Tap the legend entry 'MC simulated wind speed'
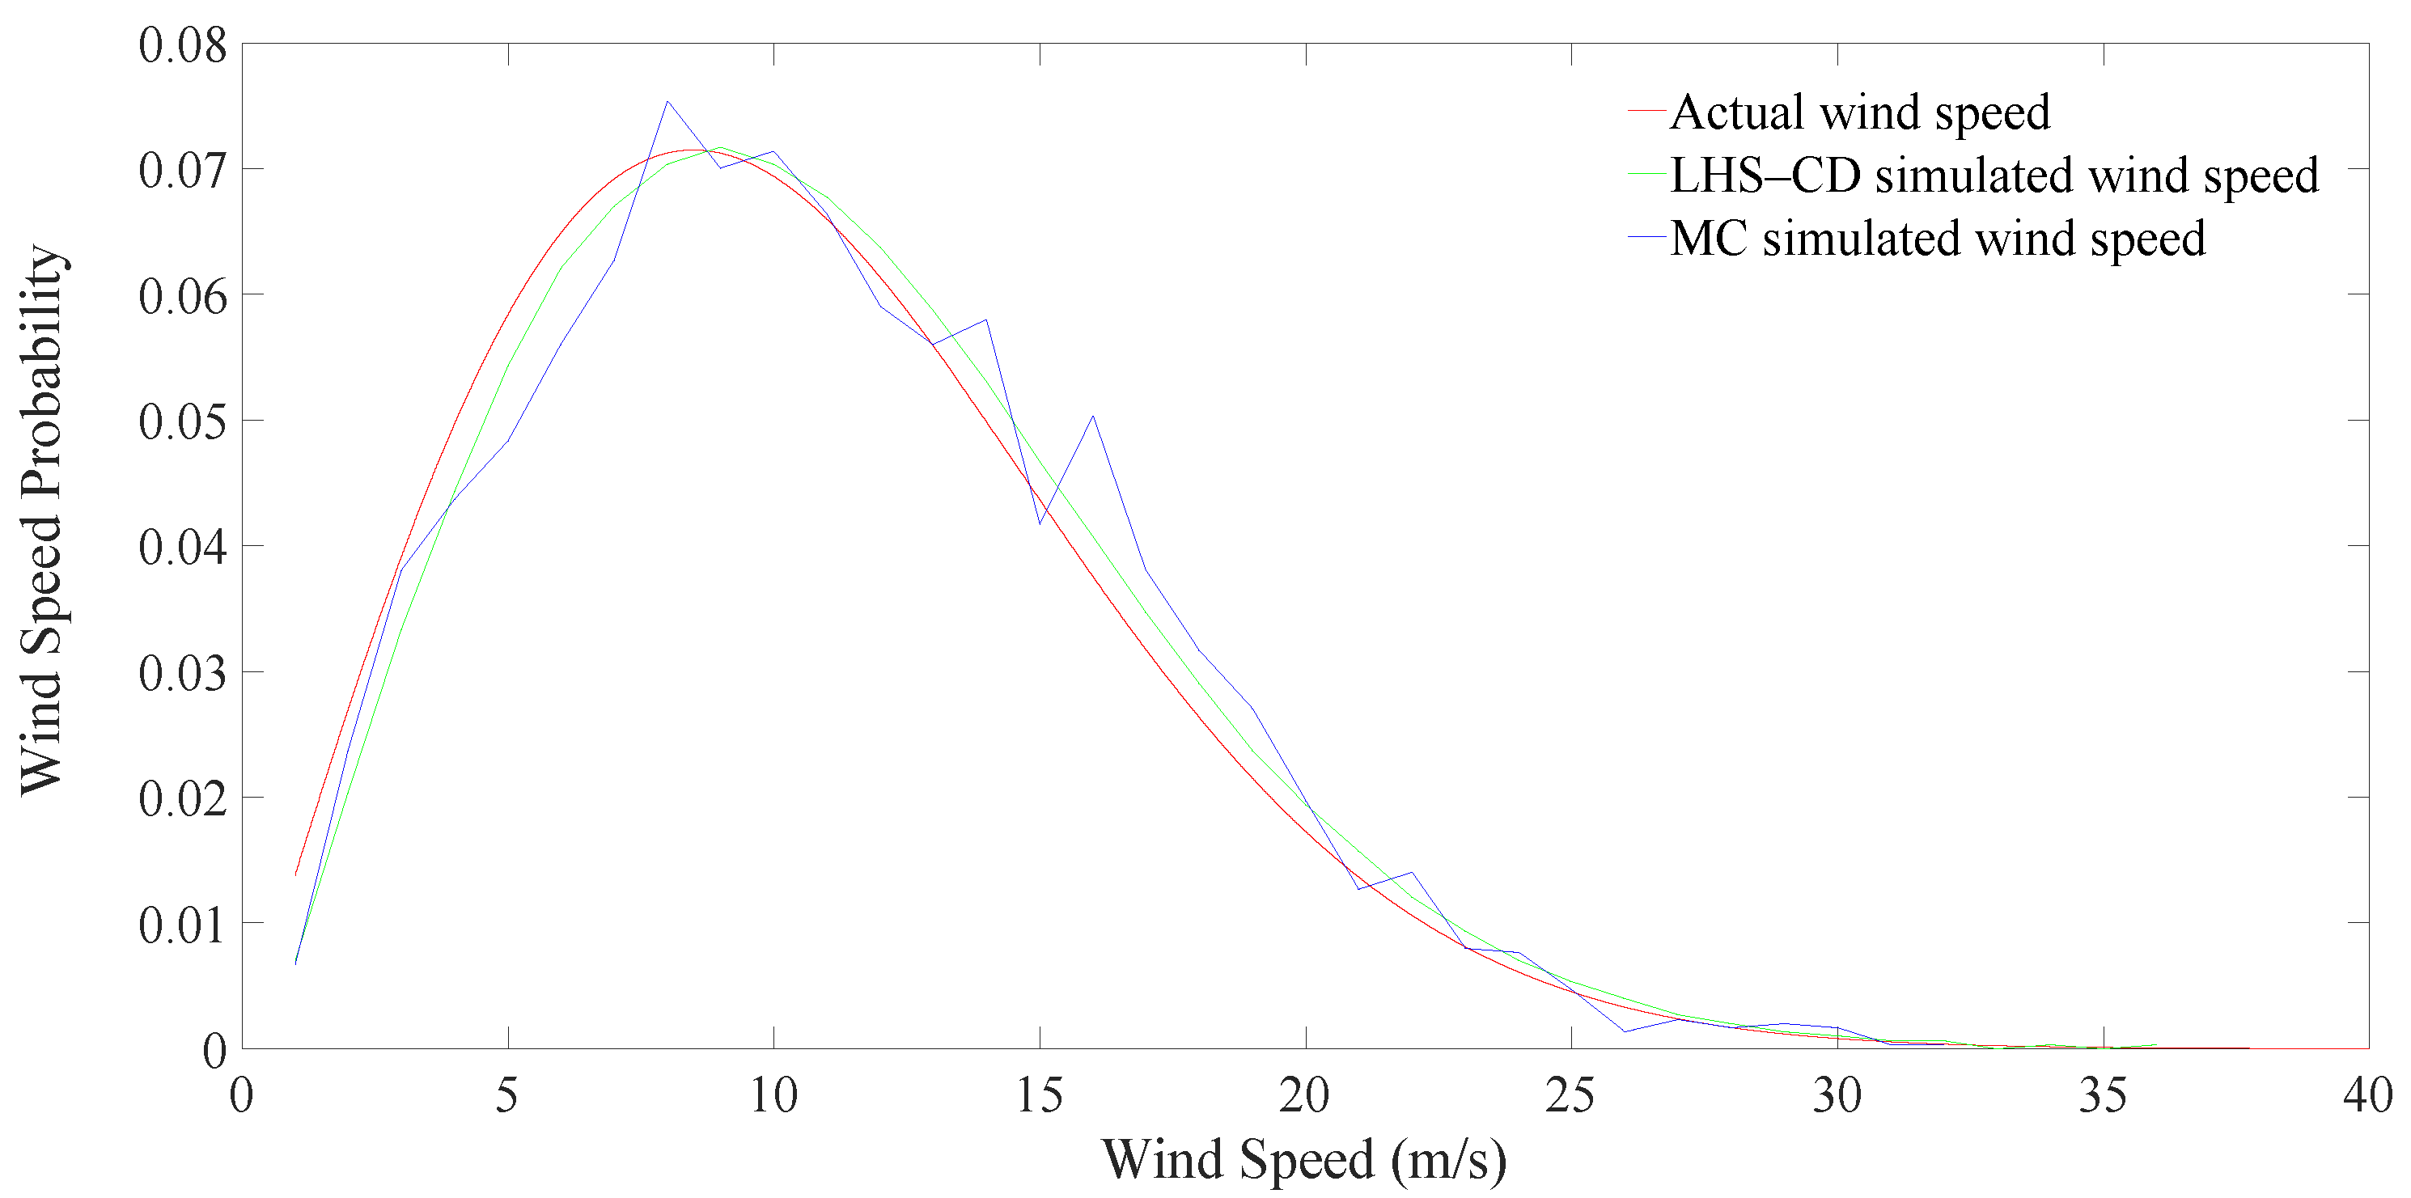click(x=1938, y=239)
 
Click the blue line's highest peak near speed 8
click(x=667, y=101)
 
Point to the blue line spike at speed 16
click(x=1092, y=417)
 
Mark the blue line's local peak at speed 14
click(x=986, y=320)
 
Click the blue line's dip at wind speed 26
click(x=1624, y=1031)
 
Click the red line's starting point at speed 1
click(x=296, y=874)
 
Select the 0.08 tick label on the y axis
click(x=183, y=45)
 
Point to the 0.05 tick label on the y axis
click(x=183, y=421)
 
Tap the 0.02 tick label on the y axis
click(x=183, y=798)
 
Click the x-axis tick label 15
click(x=1039, y=1095)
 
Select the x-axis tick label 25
click(x=1570, y=1095)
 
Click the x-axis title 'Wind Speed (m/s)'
click(x=1305, y=1158)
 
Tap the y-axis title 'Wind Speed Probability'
click(x=42, y=520)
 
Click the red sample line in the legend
click(x=1646, y=112)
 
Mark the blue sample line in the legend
click(x=1646, y=237)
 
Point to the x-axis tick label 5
click(x=507, y=1095)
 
